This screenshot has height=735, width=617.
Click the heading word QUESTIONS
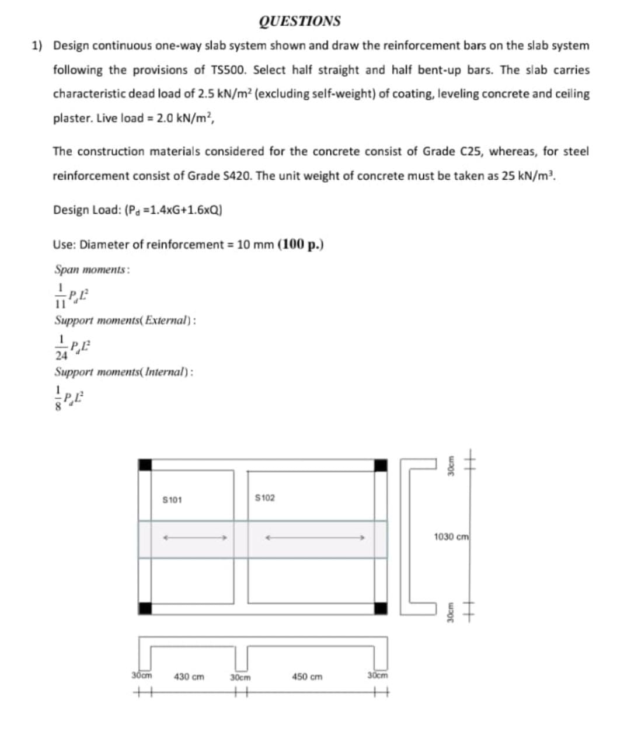pos(299,21)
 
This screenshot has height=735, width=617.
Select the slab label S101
pos(172,500)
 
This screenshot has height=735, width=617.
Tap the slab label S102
pos(265,498)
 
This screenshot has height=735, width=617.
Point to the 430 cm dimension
pos(189,677)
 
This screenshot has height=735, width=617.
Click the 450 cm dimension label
pos(307,677)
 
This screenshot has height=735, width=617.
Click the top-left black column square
pos(145,465)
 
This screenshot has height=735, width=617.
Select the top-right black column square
pos(381,465)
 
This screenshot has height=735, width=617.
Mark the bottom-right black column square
pos(381,608)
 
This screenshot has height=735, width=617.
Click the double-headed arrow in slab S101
pos(194,539)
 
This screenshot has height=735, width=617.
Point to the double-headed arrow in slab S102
pos(315,539)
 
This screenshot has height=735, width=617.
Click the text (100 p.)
pos(301,244)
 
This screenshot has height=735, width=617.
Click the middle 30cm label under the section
pos(240,678)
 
